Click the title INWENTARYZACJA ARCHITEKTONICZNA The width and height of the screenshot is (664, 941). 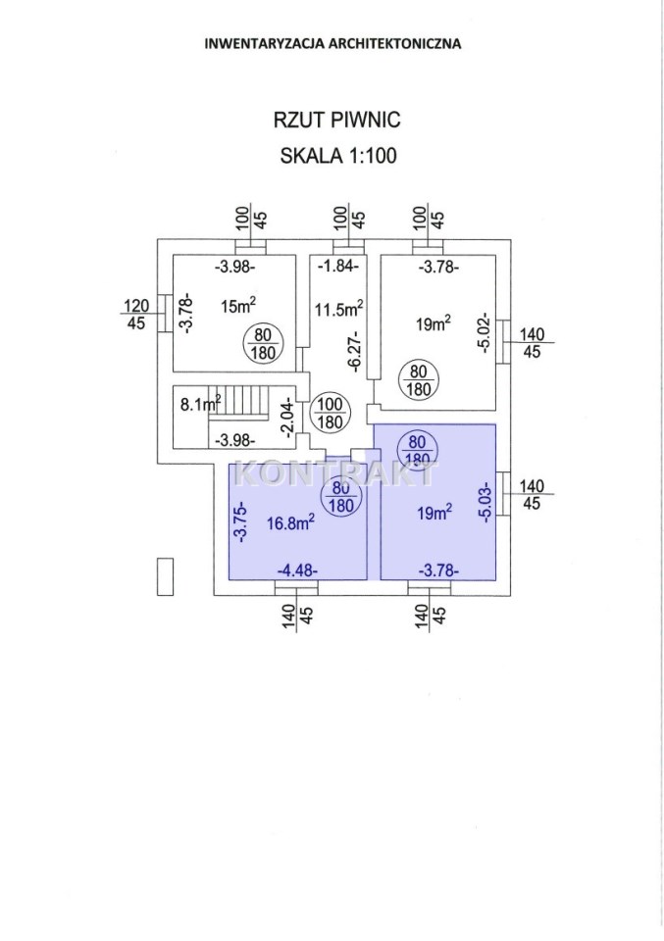332,43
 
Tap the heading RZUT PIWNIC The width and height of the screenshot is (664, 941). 332,120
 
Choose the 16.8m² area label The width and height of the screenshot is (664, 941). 290,521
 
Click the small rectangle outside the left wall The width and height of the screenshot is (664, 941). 165,575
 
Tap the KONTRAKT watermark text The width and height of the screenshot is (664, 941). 334,474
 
